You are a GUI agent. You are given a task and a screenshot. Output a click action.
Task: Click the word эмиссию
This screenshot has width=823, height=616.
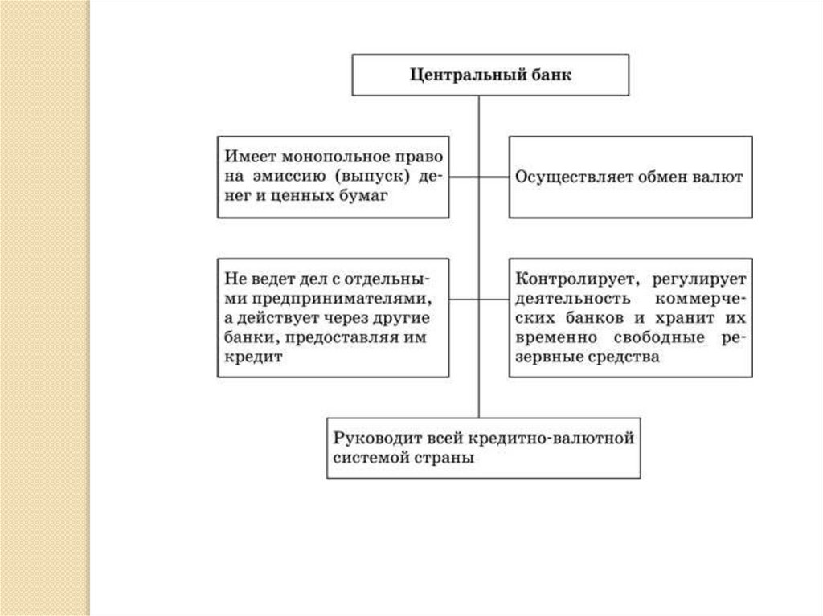287,176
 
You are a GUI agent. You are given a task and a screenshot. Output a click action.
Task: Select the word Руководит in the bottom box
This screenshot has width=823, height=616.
373,439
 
